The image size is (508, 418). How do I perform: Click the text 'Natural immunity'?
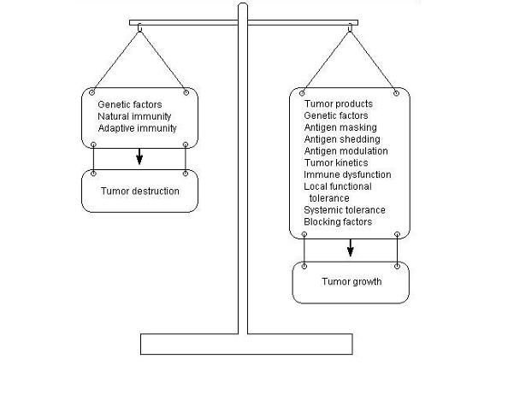[x=134, y=116]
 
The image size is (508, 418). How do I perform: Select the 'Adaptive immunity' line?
[x=138, y=128]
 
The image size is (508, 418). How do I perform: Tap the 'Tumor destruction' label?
[x=140, y=191]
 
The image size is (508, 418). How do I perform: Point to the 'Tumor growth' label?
[x=351, y=282]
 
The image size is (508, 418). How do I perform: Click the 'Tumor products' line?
[x=338, y=104]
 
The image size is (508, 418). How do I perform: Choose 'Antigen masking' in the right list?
[x=340, y=127]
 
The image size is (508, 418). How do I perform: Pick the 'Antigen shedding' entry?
[x=342, y=139]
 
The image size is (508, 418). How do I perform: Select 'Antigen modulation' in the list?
[x=346, y=151]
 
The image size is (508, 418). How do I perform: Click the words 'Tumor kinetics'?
[x=336, y=163]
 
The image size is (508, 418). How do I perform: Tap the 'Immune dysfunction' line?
[x=347, y=175]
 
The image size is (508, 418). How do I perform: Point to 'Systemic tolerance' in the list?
[x=345, y=210]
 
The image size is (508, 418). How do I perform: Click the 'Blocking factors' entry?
[x=338, y=221]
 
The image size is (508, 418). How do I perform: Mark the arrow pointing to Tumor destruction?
[x=139, y=156]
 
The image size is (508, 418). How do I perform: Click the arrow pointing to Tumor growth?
[x=351, y=248]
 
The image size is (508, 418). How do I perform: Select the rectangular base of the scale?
[x=246, y=344]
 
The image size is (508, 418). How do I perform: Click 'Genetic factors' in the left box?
[x=130, y=104]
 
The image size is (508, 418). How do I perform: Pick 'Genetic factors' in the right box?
[x=335, y=115]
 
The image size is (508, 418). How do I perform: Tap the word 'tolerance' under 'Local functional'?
[x=329, y=198]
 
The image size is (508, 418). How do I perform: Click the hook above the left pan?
[x=139, y=28]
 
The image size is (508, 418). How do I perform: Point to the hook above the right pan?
[x=350, y=28]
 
